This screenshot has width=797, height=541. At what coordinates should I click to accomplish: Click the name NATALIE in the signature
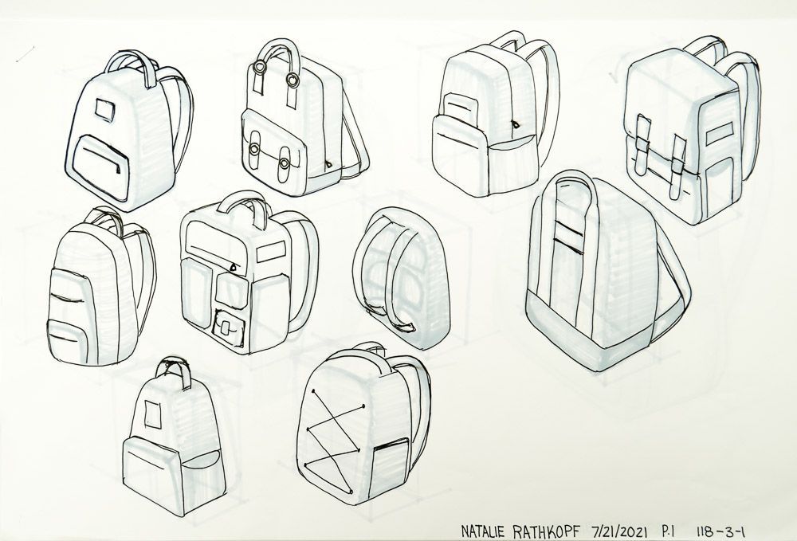click(x=483, y=531)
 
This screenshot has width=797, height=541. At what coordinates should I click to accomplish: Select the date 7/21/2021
click(x=619, y=531)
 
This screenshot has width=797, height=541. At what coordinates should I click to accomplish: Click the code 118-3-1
click(x=721, y=531)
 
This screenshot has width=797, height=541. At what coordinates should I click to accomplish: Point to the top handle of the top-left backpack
click(x=134, y=66)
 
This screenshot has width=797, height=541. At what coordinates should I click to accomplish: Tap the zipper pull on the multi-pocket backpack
click(x=234, y=265)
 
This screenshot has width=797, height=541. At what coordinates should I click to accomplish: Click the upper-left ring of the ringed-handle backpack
click(x=258, y=68)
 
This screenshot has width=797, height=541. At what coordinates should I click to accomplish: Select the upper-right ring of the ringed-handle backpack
click(x=292, y=79)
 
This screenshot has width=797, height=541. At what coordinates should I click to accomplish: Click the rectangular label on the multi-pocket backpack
click(x=272, y=253)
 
